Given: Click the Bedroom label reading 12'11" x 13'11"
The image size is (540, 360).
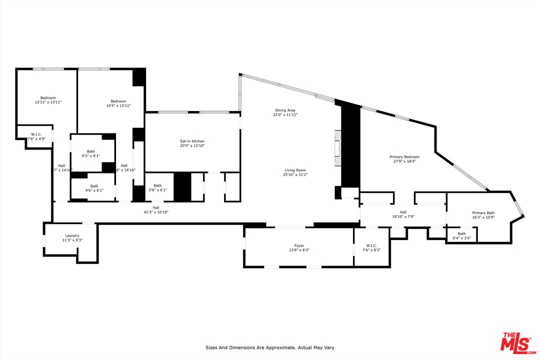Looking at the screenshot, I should tap(48, 100).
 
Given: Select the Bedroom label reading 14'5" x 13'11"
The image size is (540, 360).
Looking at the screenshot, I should tap(118, 103).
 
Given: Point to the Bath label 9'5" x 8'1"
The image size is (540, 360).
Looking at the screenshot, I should tap(90, 153).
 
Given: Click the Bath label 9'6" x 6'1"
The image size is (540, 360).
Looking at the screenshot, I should tap(94, 188).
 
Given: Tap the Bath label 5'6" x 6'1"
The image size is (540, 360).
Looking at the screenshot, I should tap(157, 187).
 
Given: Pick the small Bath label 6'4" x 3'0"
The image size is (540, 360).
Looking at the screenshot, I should tap(461, 235).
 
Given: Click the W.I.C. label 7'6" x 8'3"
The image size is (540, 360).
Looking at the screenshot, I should tap(371, 247).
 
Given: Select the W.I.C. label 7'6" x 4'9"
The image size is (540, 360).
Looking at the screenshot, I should tap(36, 136).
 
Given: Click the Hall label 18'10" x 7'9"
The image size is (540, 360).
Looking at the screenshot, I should tap(403, 214).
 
